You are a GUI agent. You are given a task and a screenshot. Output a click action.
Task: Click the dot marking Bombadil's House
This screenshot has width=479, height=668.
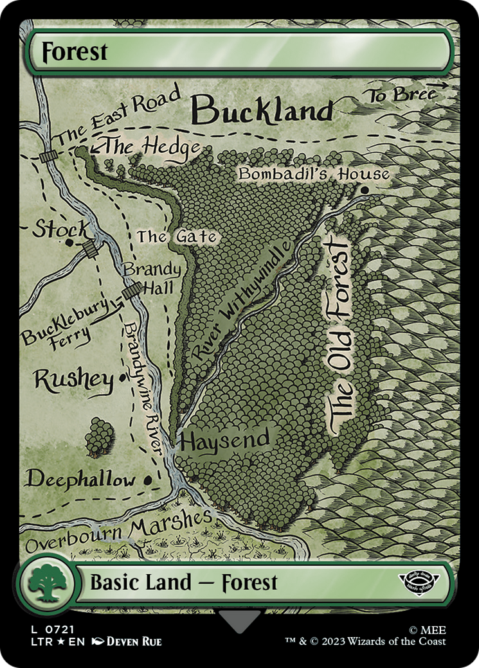(365, 190)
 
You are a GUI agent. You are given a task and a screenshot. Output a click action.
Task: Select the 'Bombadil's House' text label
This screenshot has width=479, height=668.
(313, 174)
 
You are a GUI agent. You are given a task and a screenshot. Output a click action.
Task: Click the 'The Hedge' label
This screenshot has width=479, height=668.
(152, 147)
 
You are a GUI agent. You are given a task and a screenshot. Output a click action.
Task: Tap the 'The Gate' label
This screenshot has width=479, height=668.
(176, 236)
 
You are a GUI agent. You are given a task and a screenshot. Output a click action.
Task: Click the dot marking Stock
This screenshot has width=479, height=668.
(69, 242)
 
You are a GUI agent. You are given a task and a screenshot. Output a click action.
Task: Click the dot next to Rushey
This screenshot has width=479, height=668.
(122, 378)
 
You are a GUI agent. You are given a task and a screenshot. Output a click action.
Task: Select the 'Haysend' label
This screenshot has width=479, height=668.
(225, 441)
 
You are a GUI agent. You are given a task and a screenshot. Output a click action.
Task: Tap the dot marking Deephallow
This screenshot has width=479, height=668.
(149, 479)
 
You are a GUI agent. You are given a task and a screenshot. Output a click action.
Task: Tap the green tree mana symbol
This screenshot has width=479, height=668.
(46, 583)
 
